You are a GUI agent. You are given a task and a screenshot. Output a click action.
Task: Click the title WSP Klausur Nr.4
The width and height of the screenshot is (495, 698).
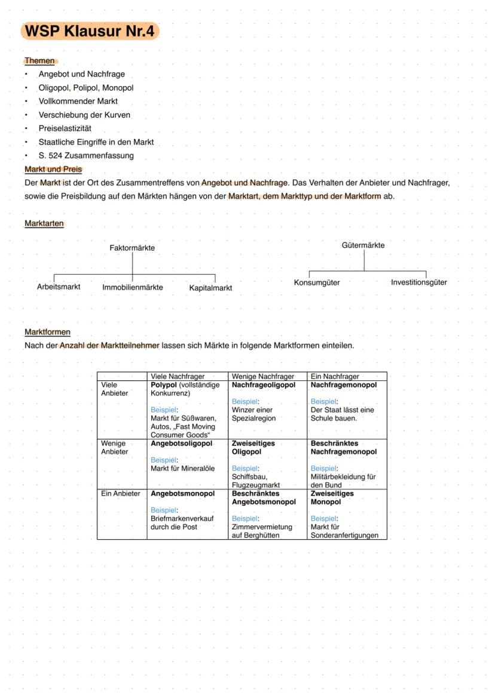(x=90, y=31)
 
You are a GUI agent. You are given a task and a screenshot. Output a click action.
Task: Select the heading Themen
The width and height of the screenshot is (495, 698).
(x=39, y=61)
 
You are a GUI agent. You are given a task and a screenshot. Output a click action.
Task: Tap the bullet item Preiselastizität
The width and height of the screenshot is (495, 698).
(x=65, y=128)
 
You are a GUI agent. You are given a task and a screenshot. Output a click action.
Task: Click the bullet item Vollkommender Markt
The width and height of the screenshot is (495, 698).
(x=78, y=102)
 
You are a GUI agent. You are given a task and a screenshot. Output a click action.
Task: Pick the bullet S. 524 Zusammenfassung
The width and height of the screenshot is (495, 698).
(x=86, y=156)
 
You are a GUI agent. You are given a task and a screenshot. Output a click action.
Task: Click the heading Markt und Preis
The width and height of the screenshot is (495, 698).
(x=53, y=170)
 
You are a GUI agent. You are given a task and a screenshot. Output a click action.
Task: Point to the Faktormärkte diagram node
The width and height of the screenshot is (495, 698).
(x=132, y=248)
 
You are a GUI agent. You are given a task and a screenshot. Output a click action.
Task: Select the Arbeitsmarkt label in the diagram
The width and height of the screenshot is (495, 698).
(x=59, y=287)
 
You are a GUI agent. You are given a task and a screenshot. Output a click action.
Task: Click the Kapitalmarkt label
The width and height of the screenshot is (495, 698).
(x=210, y=288)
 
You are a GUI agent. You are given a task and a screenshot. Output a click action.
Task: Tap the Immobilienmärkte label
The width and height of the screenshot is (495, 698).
(x=133, y=287)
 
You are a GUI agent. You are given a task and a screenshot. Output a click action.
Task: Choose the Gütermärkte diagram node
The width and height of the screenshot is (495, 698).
(x=363, y=245)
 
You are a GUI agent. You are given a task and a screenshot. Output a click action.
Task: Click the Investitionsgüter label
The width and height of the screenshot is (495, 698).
(x=418, y=282)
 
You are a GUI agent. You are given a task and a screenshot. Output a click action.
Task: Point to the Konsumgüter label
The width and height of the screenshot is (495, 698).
(x=317, y=283)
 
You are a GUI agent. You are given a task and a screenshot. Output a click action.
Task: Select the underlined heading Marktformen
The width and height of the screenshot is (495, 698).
(x=47, y=332)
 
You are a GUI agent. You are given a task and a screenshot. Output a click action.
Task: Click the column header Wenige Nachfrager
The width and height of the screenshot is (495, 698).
(x=263, y=377)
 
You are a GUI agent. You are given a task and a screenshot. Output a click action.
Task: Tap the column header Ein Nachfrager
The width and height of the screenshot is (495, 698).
(x=335, y=377)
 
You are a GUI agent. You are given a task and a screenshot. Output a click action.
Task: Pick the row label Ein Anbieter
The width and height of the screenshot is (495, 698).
(x=121, y=494)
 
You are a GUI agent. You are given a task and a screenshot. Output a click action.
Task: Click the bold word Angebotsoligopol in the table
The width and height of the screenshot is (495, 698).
(x=181, y=444)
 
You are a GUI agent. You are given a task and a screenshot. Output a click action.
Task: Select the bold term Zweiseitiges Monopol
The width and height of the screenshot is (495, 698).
(x=332, y=498)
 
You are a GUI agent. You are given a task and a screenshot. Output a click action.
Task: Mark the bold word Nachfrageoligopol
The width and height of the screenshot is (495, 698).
(x=264, y=385)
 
